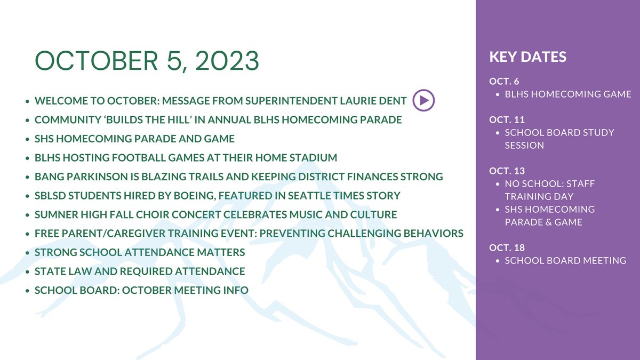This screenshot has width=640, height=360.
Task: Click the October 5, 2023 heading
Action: click(x=147, y=61)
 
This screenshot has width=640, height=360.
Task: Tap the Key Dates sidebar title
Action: click(x=527, y=57)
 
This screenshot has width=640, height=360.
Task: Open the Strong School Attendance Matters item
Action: click(x=140, y=252)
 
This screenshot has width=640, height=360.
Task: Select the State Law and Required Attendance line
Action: click(x=140, y=271)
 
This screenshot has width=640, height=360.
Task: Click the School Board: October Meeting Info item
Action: click(x=141, y=291)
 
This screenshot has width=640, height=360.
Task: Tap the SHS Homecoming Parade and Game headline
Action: click(x=134, y=139)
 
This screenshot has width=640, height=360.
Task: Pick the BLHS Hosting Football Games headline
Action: click(x=186, y=158)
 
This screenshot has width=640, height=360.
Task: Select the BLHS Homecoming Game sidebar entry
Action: click(x=567, y=94)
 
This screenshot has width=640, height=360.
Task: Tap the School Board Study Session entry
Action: click(x=559, y=139)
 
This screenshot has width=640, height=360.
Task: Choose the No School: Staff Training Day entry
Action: click(x=549, y=190)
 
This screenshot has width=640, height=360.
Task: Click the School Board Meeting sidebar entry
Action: click(x=565, y=261)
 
